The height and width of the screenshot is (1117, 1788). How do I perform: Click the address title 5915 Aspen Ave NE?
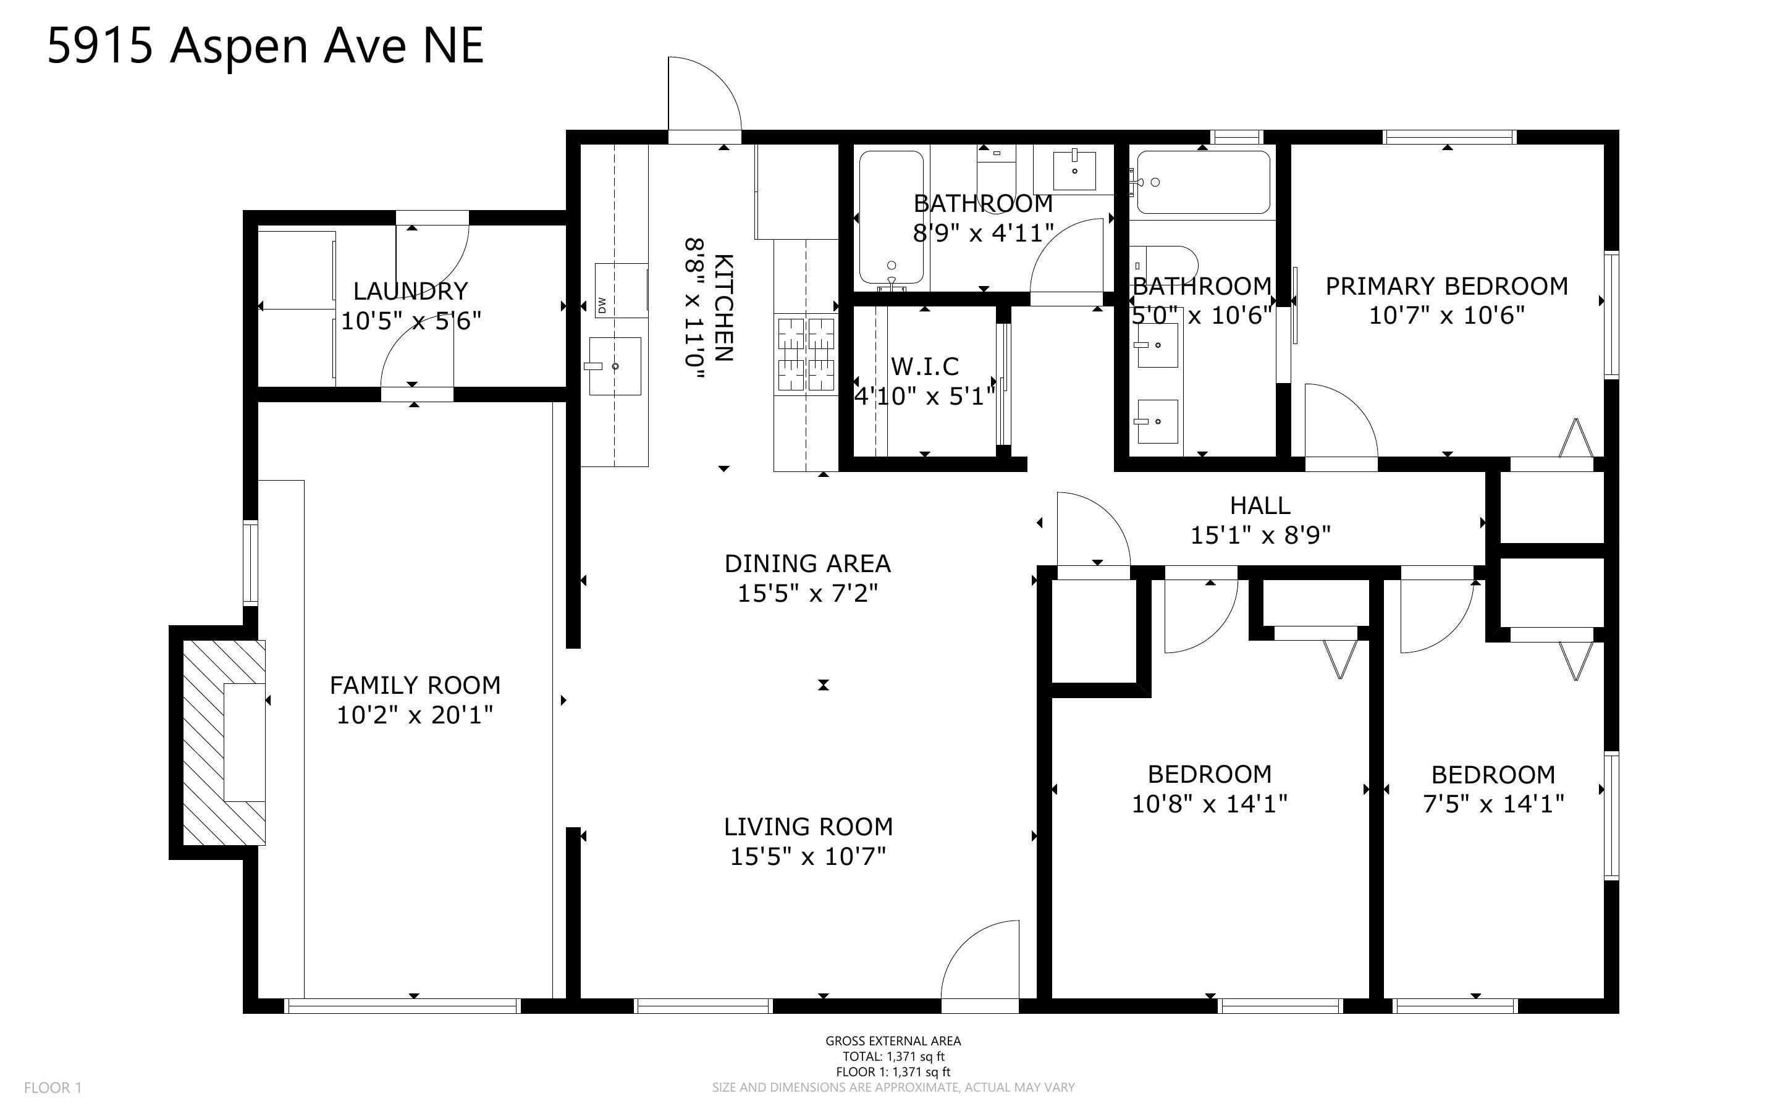(x=265, y=46)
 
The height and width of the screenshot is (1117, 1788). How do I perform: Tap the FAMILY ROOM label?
(x=415, y=686)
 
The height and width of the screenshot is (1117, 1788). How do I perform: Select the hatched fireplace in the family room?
(x=224, y=742)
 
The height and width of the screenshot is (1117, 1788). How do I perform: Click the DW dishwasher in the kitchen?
(x=621, y=290)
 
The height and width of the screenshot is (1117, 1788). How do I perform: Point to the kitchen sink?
(x=615, y=366)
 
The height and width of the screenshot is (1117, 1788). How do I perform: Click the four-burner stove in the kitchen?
(x=805, y=354)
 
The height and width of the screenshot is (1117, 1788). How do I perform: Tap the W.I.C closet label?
(x=925, y=366)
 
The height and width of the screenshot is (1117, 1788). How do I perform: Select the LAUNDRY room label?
(x=411, y=291)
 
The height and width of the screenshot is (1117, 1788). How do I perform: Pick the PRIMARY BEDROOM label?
(x=1447, y=286)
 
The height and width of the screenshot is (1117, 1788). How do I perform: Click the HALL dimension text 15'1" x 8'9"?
(x=1261, y=535)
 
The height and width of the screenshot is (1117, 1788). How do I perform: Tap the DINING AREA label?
(x=808, y=563)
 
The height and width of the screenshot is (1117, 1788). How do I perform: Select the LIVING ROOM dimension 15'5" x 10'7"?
(x=808, y=856)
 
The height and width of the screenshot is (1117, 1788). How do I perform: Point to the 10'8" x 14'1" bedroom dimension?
(x=1210, y=803)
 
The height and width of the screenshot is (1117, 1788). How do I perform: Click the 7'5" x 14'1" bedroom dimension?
(x=1493, y=803)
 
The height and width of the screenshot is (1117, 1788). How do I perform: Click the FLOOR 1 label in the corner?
(x=53, y=1088)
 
